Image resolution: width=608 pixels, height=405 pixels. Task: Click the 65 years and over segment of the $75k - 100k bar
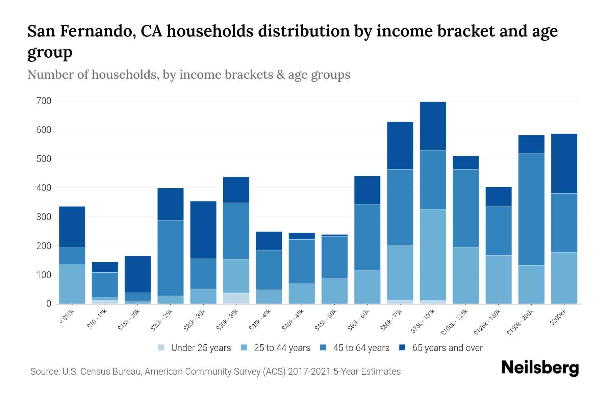[x=433, y=126]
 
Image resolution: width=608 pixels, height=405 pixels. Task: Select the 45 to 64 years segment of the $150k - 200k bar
[x=531, y=210]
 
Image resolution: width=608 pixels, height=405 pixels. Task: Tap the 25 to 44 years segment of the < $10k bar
[x=72, y=284]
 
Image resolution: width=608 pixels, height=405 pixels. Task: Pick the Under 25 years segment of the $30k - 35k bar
[x=236, y=298]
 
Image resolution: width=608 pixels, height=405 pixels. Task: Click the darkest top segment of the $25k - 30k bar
[x=203, y=230]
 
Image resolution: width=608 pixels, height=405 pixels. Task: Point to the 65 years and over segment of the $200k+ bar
[x=564, y=163]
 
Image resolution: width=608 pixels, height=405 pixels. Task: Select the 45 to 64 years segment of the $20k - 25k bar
[x=171, y=258]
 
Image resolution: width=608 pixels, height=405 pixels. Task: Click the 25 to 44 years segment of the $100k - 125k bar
[x=466, y=275]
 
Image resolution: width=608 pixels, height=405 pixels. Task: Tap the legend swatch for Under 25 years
[x=161, y=348]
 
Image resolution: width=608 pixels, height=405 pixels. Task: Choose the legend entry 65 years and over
[x=447, y=348]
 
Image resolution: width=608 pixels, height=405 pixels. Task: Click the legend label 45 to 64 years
[x=361, y=348]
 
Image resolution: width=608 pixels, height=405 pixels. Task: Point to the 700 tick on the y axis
[x=44, y=101]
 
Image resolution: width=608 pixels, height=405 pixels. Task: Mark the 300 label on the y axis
[x=44, y=217]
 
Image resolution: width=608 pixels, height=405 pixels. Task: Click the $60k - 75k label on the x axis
[x=391, y=320]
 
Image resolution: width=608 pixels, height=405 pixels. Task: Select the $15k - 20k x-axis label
[x=129, y=320]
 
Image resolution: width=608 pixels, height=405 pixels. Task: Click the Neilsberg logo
[x=540, y=368]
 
